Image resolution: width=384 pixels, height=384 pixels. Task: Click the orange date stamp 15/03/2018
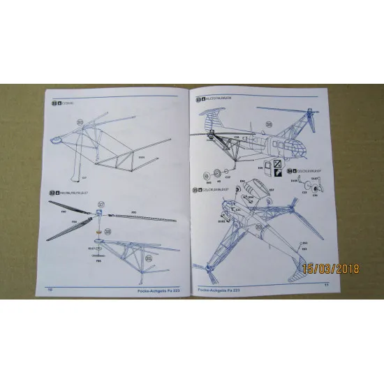coord(331,267)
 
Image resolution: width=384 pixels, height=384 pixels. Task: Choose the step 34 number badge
coord(289,170)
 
